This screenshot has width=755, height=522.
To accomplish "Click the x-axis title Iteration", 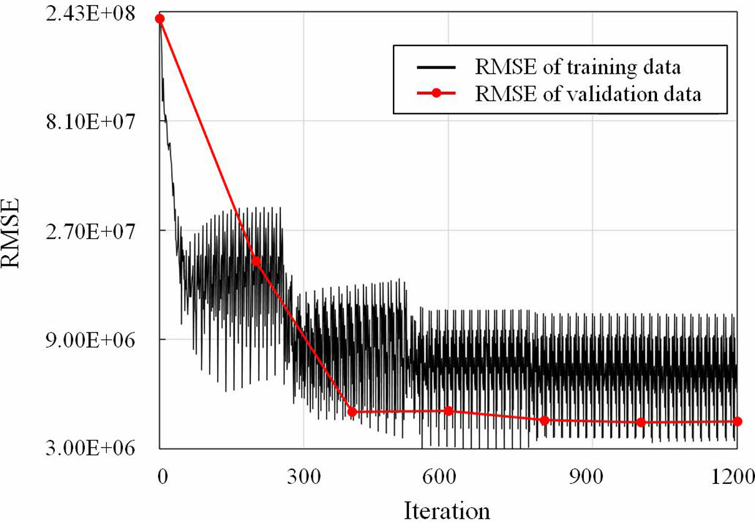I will point(447,509).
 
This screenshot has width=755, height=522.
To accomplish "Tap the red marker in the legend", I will point(437,94).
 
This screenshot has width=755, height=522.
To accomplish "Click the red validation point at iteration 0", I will point(160,19).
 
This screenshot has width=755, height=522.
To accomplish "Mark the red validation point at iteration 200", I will point(256,261).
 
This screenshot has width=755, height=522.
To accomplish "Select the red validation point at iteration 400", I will point(352,411).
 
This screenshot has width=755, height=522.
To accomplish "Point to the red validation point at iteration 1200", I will point(737,421).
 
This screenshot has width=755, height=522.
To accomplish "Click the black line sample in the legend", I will point(437,66).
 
